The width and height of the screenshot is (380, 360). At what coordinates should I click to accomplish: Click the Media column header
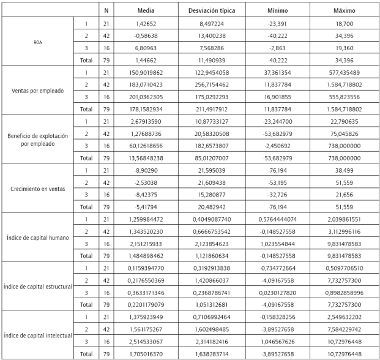click(146, 10)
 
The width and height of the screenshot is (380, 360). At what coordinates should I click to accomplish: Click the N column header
click(106, 10)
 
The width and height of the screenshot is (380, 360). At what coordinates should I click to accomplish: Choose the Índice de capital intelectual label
click(37, 335)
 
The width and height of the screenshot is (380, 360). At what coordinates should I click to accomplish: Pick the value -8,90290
click(146, 170)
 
